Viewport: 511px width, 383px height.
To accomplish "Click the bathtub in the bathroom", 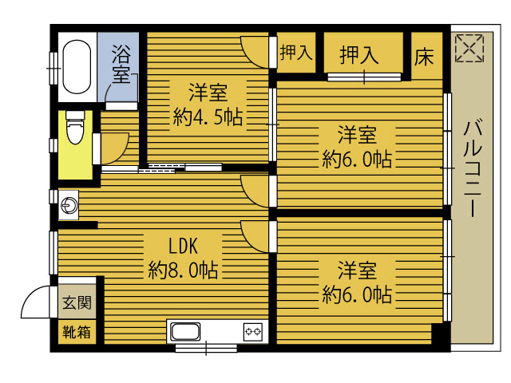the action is pos(77,67).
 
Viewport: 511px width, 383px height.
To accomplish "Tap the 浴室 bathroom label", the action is pos(121,64).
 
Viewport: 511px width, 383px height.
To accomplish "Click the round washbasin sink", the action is pos(69,206).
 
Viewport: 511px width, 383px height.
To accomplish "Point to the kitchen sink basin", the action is pos(185,332).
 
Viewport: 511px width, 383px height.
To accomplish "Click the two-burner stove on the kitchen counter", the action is pos(253,332).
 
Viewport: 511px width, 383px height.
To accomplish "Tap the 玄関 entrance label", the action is pos(77,303).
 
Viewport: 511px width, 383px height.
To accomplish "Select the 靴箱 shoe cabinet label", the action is pos(77,332).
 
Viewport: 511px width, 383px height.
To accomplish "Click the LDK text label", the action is pos(183,246).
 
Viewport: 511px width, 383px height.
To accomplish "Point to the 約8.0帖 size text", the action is pos(183,270).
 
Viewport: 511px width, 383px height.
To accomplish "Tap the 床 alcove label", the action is pos(424,57).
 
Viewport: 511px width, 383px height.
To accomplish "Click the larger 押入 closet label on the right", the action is pos(358,55).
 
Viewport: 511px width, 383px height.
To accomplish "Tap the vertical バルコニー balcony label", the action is pos(473,168).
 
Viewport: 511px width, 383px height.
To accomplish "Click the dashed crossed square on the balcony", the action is pos(469,48).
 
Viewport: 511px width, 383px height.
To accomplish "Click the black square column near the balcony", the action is pos(438,334).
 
